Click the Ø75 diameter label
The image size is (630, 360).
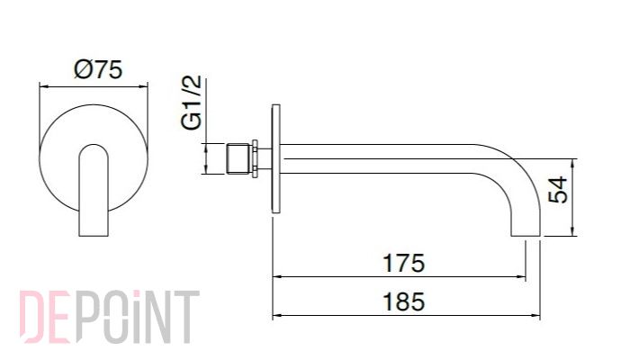[98, 69]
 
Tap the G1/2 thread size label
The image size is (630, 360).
[191, 102]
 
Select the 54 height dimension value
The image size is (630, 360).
[558, 189]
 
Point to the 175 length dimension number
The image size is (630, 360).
[403, 263]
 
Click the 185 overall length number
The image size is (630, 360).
[403, 301]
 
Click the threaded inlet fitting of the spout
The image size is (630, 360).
[238, 158]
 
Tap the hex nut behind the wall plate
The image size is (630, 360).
[255, 158]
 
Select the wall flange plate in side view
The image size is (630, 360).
[275, 158]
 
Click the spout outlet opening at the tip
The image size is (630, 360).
[526, 236]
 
